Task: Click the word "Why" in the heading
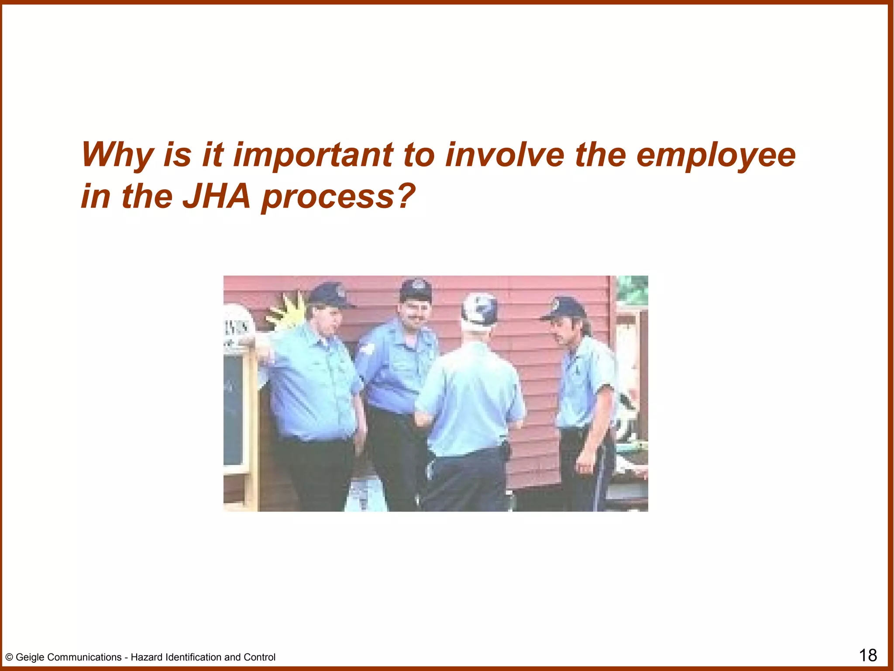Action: click(x=117, y=156)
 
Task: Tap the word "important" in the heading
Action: click(x=313, y=156)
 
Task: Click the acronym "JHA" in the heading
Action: click(x=217, y=197)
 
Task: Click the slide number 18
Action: click(x=868, y=655)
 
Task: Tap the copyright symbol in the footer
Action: click(x=9, y=657)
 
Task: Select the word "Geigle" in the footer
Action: click(x=31, y=657)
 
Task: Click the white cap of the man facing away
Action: click(x=479, y=308)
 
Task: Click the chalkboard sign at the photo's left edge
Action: click(x=233, y=411)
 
